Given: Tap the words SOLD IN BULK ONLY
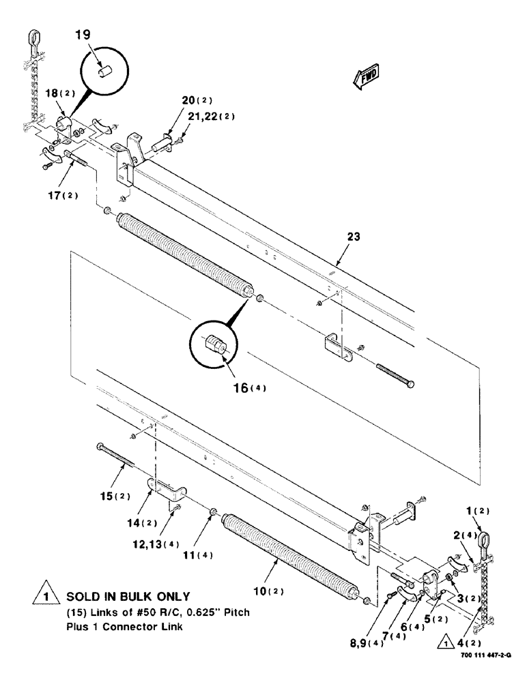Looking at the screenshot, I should (x=128, y=595).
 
